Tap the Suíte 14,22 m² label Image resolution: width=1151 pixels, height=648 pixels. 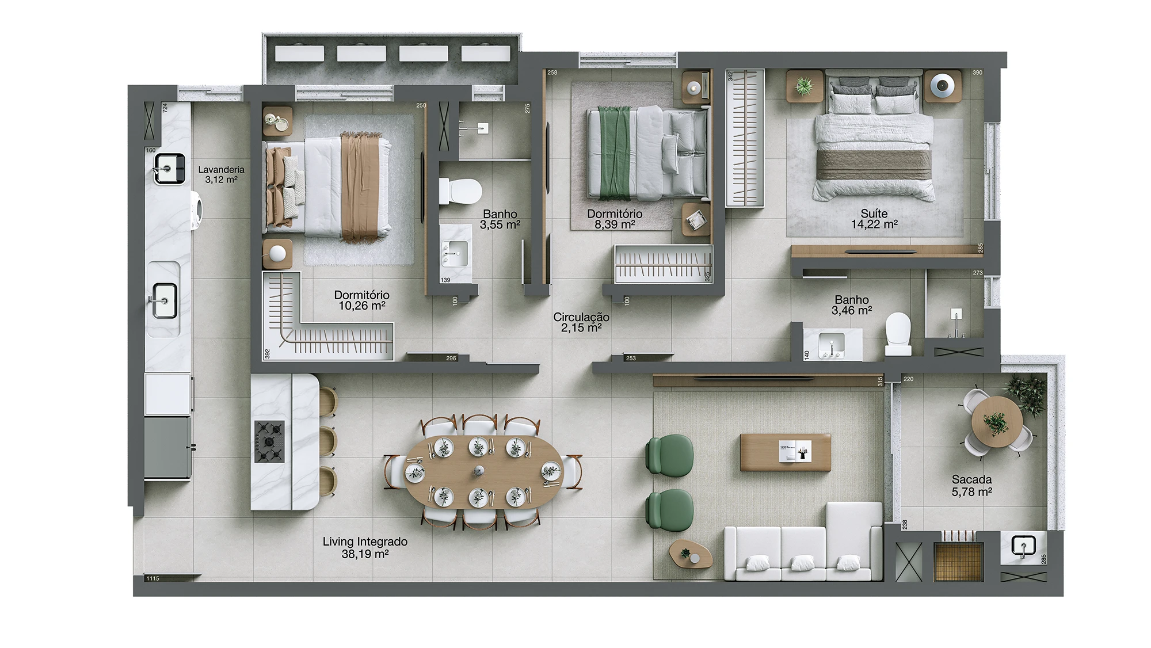coord(874,219)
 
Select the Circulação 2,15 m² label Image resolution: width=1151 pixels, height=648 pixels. coord(581,322)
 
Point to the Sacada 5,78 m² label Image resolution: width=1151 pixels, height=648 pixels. coord(971,486)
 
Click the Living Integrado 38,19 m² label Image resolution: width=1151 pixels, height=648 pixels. coord(365,548)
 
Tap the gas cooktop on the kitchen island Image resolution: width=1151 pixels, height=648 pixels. coord(269,441)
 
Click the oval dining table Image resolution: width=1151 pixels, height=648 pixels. coord(482,471)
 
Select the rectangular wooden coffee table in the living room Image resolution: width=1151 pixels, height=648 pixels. coord(786,452)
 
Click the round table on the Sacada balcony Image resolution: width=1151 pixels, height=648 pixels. coord(997,422)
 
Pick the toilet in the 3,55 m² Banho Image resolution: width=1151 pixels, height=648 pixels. coord(460,191)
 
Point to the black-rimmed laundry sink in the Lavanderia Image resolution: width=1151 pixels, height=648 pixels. coord(170,169)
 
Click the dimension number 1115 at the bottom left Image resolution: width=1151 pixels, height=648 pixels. coord(153,578)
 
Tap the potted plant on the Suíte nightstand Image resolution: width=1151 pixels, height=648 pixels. coord(804,87)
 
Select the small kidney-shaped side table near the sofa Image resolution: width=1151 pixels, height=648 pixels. coord(691,554)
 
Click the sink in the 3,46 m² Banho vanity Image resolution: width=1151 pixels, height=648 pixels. coord(831,344)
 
